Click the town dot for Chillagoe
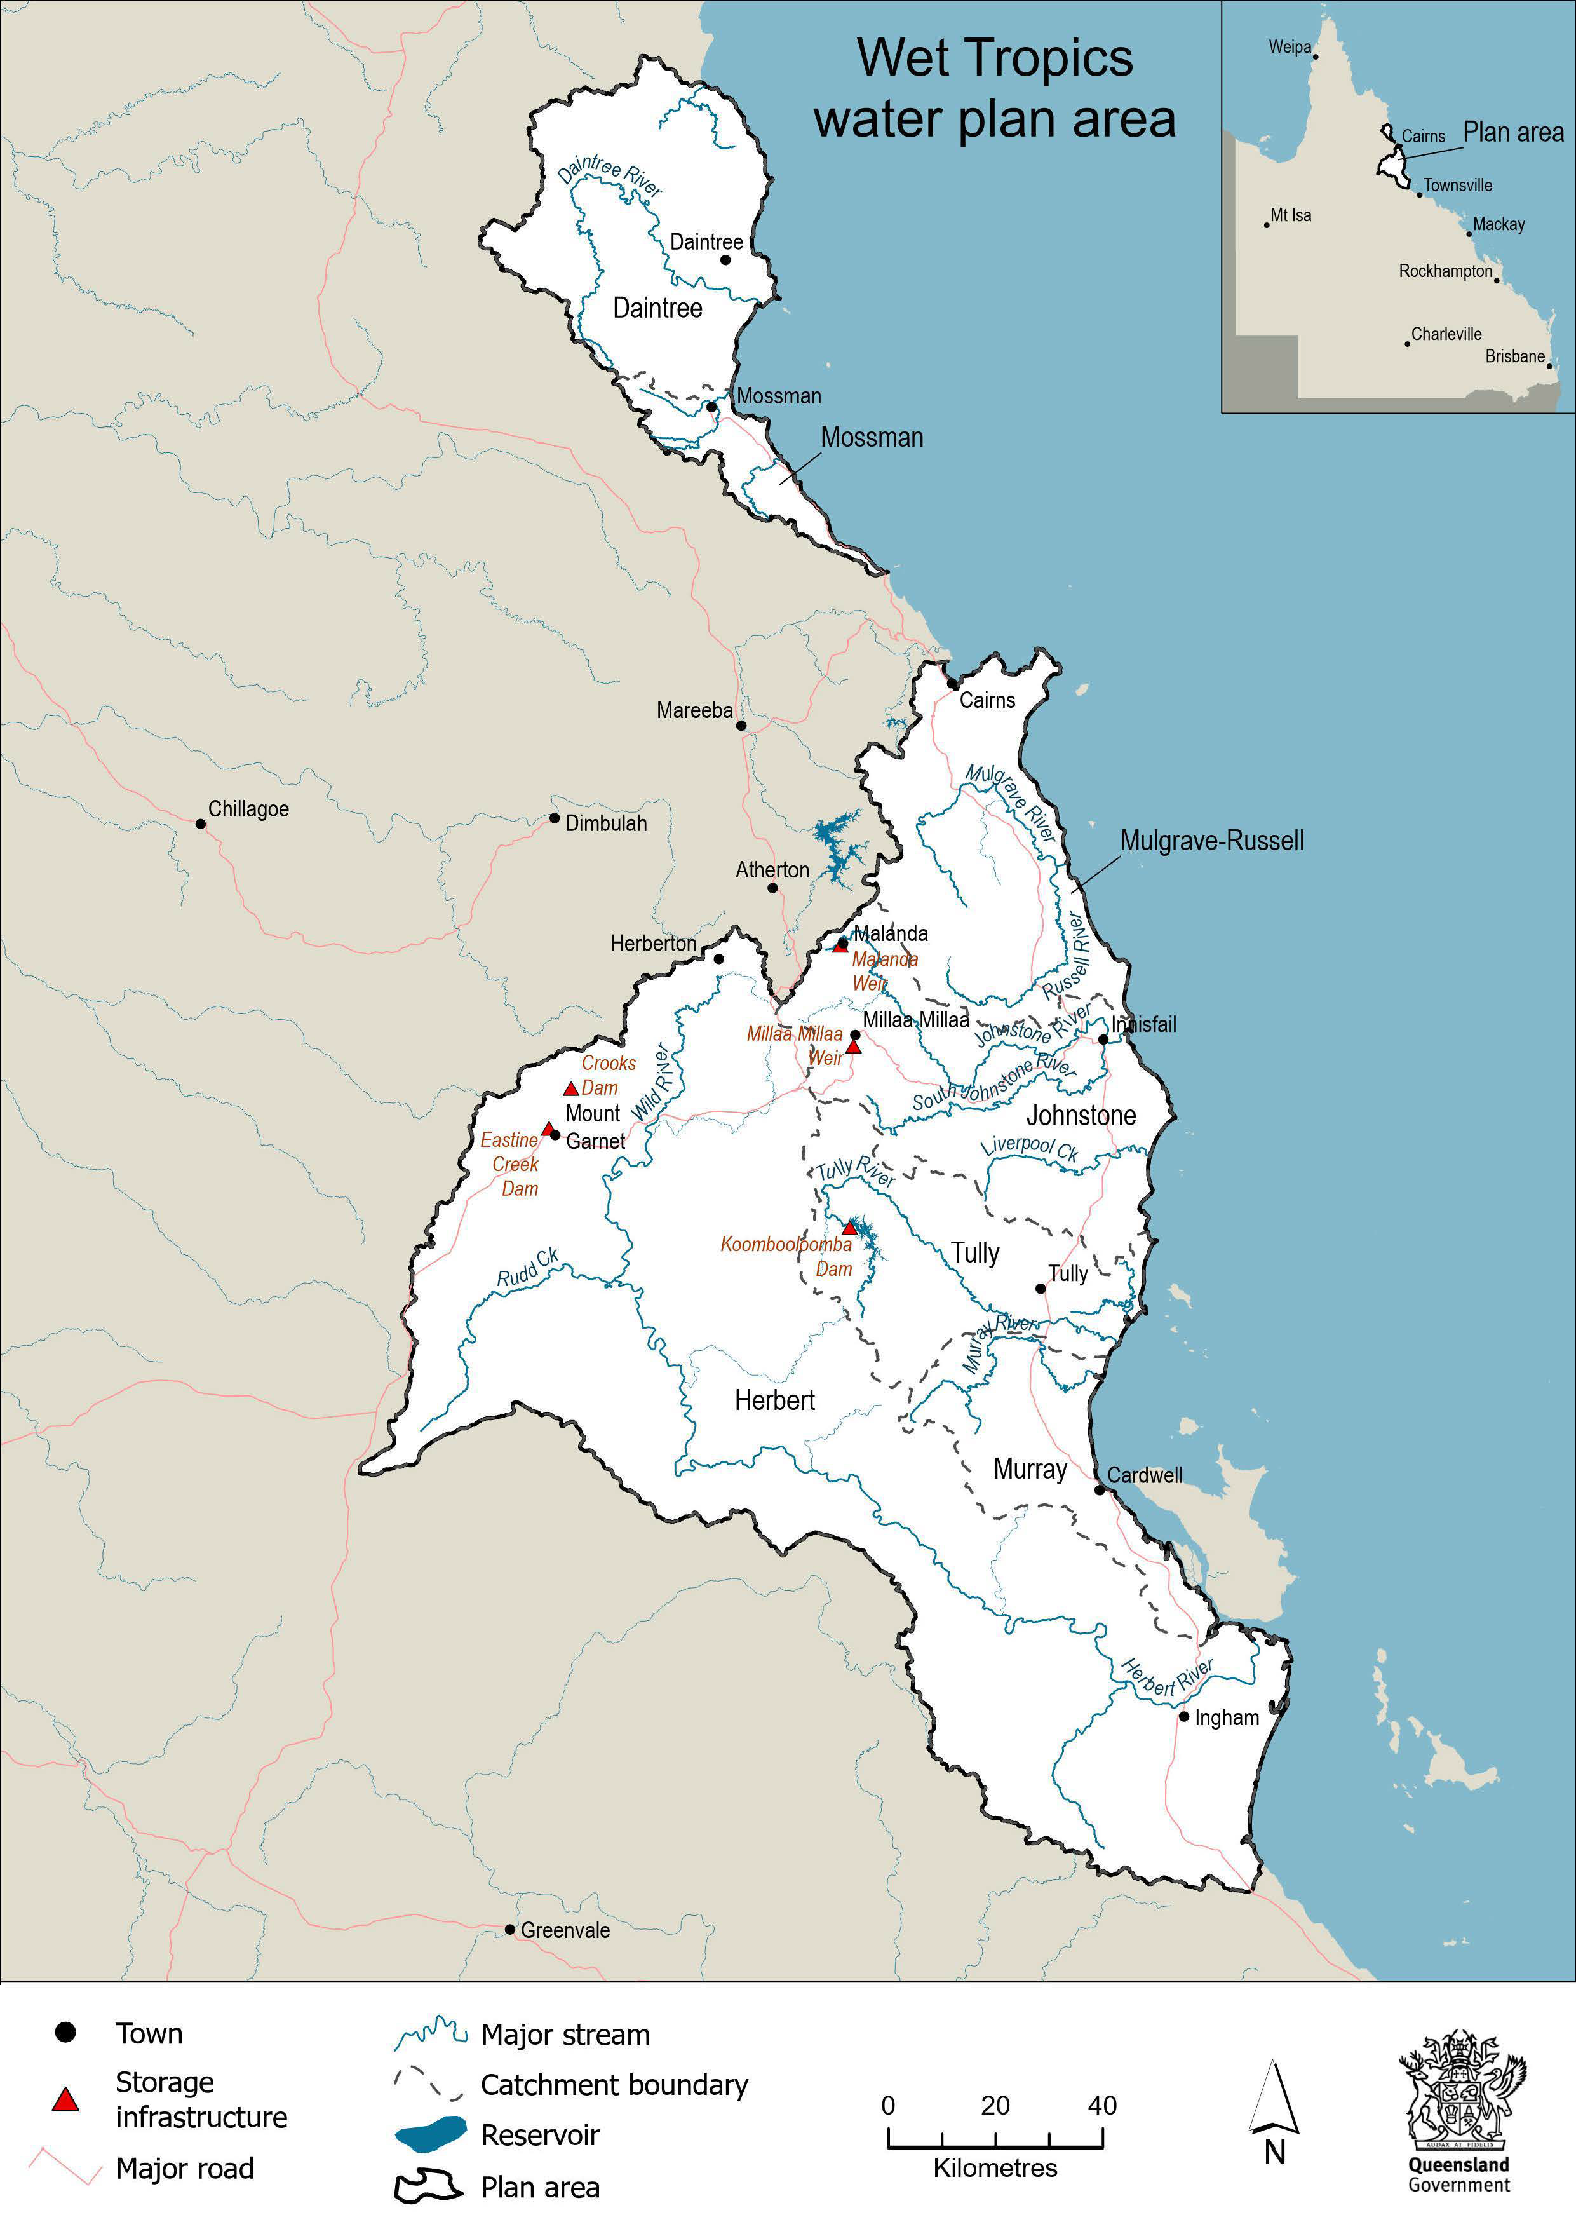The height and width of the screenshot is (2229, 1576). click(201, 824)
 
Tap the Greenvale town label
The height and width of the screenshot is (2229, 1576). click(565, 1930)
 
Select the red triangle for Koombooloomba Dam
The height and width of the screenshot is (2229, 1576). click(849, 1228)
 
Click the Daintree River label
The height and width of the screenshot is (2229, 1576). click(609, 176)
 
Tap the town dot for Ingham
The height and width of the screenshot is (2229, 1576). click(1184, 1716)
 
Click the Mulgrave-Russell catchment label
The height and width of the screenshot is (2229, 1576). click(1211, 841)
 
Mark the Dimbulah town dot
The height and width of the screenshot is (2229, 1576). click(554, 818)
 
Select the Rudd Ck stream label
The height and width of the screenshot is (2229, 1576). click(528, 1268)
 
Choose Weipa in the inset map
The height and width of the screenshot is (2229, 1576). click(1290, 48)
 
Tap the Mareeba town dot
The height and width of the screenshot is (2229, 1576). click(741, 725)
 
